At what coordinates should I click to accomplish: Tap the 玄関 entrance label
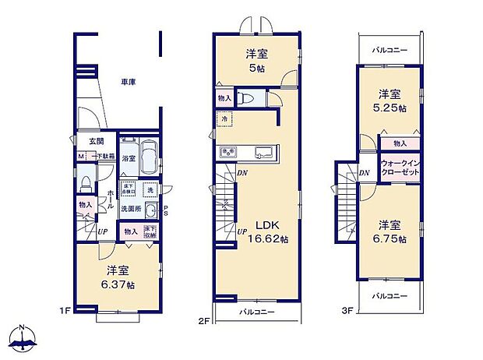pyautogui.click(x=95, y=141)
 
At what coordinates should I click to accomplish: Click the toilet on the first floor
pyautogui.click(x=85, y=184)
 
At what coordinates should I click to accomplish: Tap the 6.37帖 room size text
pyautogui.click(x=119, y=284)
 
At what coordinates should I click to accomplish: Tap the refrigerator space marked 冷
pyautogui.click(x=224, y=118)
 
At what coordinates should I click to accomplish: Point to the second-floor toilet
pyautogui.click(x=247, y=98)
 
